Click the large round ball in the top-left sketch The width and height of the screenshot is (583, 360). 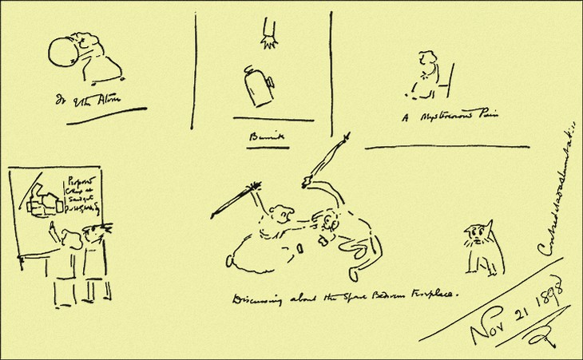click(62, 56)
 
